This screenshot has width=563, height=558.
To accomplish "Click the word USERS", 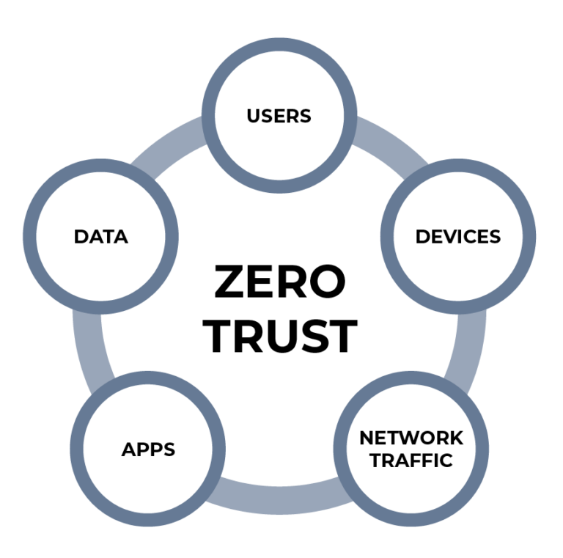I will tap(279, 116).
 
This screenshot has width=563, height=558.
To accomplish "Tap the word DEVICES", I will tap(457, 236).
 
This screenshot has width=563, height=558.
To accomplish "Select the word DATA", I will tap(100, 236).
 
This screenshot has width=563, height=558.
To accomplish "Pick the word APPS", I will tap(148, 449).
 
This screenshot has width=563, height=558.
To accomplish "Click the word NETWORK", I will tap(411, 438).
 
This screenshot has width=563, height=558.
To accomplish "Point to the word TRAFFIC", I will tap(411, 460).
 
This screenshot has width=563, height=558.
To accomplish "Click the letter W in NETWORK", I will tap(411, 438).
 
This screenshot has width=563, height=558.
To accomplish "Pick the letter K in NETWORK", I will tap(456, 438).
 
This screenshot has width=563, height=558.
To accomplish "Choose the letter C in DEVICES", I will tap(472, 236).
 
